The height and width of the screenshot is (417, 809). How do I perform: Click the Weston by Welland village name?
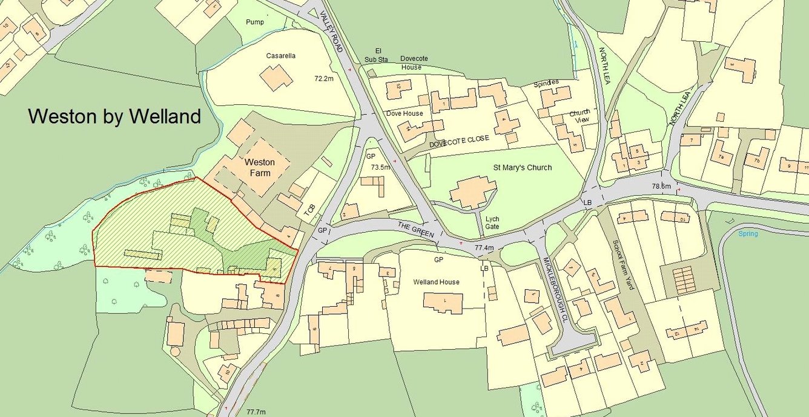coord(114,116)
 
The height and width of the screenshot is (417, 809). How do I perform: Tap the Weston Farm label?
coord(259,167)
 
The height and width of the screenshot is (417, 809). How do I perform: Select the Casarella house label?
coord(281,56)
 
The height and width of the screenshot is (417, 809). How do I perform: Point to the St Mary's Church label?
coord(521,167)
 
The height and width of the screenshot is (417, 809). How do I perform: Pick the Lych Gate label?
coord(491,222)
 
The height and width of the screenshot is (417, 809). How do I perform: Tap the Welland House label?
coord(436,282)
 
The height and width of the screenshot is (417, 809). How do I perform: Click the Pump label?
coord(255,22)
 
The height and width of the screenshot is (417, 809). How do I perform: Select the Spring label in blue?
coord(748,233)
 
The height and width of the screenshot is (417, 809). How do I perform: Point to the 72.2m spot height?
coord(325,79)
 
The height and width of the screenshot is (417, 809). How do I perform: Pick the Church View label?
coord(580,116)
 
